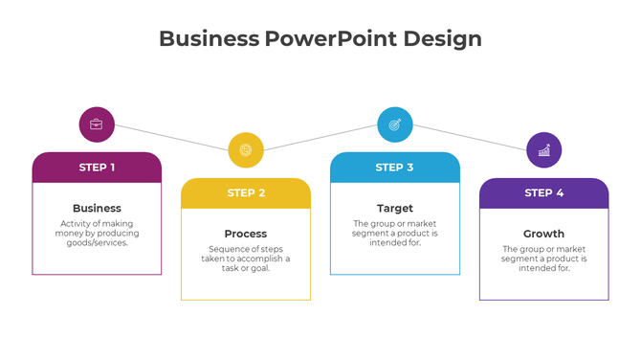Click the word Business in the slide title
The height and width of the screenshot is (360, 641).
tap(209, 38)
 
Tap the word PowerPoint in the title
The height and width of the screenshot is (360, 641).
tap(330, 38)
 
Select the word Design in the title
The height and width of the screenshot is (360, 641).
tap(442, 38)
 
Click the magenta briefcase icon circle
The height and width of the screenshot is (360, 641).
tap(97, 124)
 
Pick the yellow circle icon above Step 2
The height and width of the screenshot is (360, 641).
tap(246, 149)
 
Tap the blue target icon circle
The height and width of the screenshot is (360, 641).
tap(395, 124)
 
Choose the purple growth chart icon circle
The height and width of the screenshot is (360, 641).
tap(544, 149)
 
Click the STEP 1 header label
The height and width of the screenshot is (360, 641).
tap(97, 168)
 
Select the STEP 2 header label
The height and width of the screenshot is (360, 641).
tap(246, 193)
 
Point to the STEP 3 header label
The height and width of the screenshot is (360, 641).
tap(395, 168)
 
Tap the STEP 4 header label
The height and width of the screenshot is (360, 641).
tap(544, 193)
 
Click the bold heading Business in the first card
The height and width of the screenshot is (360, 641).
tap(97, 208)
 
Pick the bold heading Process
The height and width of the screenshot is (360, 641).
tap(246, 234)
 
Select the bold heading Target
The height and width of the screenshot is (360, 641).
tap(395, 208)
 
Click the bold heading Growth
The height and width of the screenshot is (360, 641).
tap(544, 234)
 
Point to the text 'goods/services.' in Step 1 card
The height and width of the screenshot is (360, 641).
tap(97, 243)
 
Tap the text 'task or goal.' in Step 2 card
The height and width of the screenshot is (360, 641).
tap(246, 268)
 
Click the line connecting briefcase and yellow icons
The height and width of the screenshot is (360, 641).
tap(171, 137)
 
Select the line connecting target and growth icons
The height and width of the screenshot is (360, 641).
tap(470, 137)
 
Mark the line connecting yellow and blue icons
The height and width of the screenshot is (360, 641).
tap(320, 137)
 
